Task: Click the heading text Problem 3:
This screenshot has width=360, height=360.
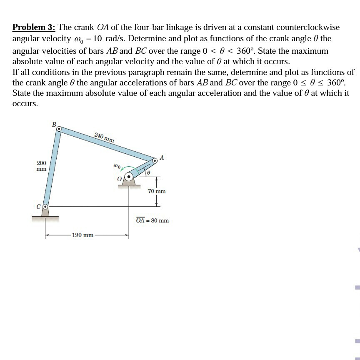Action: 34,27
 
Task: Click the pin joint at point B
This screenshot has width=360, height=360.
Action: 59,130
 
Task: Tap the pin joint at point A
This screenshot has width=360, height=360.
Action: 155,160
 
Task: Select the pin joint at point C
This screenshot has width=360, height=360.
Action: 46,206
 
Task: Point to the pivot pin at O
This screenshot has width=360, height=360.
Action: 129,177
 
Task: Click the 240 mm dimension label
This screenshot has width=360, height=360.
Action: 104,137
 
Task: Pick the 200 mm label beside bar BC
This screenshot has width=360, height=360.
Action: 41,166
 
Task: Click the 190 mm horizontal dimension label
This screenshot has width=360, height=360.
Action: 82,235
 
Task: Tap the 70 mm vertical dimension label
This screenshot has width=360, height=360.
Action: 157,191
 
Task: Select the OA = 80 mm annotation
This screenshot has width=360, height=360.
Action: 152,220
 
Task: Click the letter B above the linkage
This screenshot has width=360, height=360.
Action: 53,124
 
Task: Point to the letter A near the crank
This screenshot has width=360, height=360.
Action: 162,157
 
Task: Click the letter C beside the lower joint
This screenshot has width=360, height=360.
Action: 39,206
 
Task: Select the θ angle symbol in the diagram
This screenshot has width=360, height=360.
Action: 148,172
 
